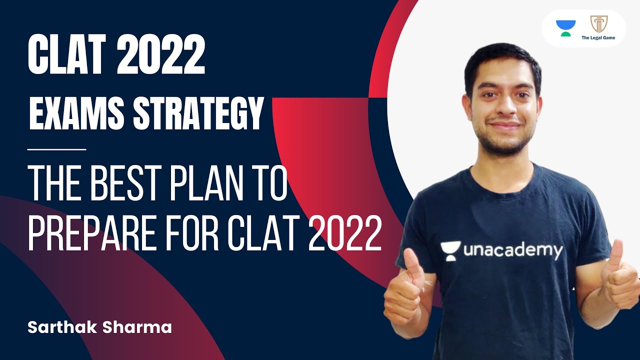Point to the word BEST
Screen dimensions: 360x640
127,184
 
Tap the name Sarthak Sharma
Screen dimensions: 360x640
99,327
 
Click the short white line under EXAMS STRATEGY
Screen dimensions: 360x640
57,149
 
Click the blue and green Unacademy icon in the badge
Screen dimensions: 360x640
565,27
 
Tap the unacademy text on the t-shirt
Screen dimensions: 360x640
512,250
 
